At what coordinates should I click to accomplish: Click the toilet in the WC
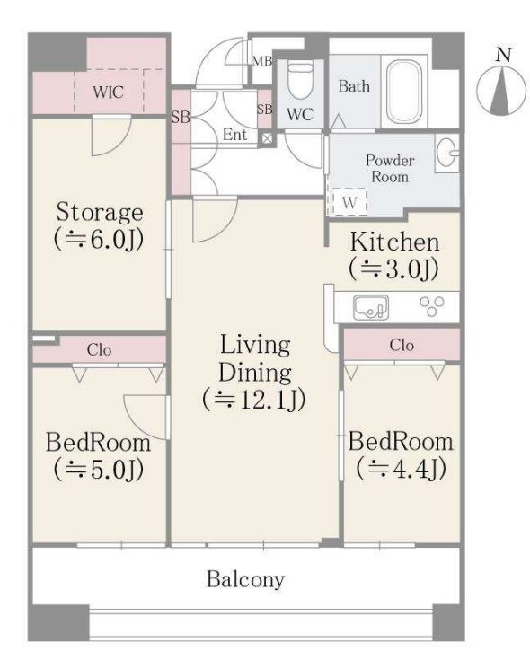300,80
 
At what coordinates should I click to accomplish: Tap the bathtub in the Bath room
404,92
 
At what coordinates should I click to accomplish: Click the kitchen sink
371,307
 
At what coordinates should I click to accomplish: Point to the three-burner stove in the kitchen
432,306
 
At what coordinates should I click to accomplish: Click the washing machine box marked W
347,201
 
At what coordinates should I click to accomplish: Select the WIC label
109,92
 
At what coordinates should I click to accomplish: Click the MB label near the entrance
261,61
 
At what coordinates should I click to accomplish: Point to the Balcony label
245,579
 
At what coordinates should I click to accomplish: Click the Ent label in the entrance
234,135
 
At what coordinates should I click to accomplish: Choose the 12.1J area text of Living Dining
254,400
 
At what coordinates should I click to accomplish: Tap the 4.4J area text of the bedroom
402,469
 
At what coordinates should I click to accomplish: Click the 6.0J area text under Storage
99,240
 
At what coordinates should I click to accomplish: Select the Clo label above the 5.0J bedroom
99,350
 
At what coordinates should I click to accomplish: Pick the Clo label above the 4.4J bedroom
402,345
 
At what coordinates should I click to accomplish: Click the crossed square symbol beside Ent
267,138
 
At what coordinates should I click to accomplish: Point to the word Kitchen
394,242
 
